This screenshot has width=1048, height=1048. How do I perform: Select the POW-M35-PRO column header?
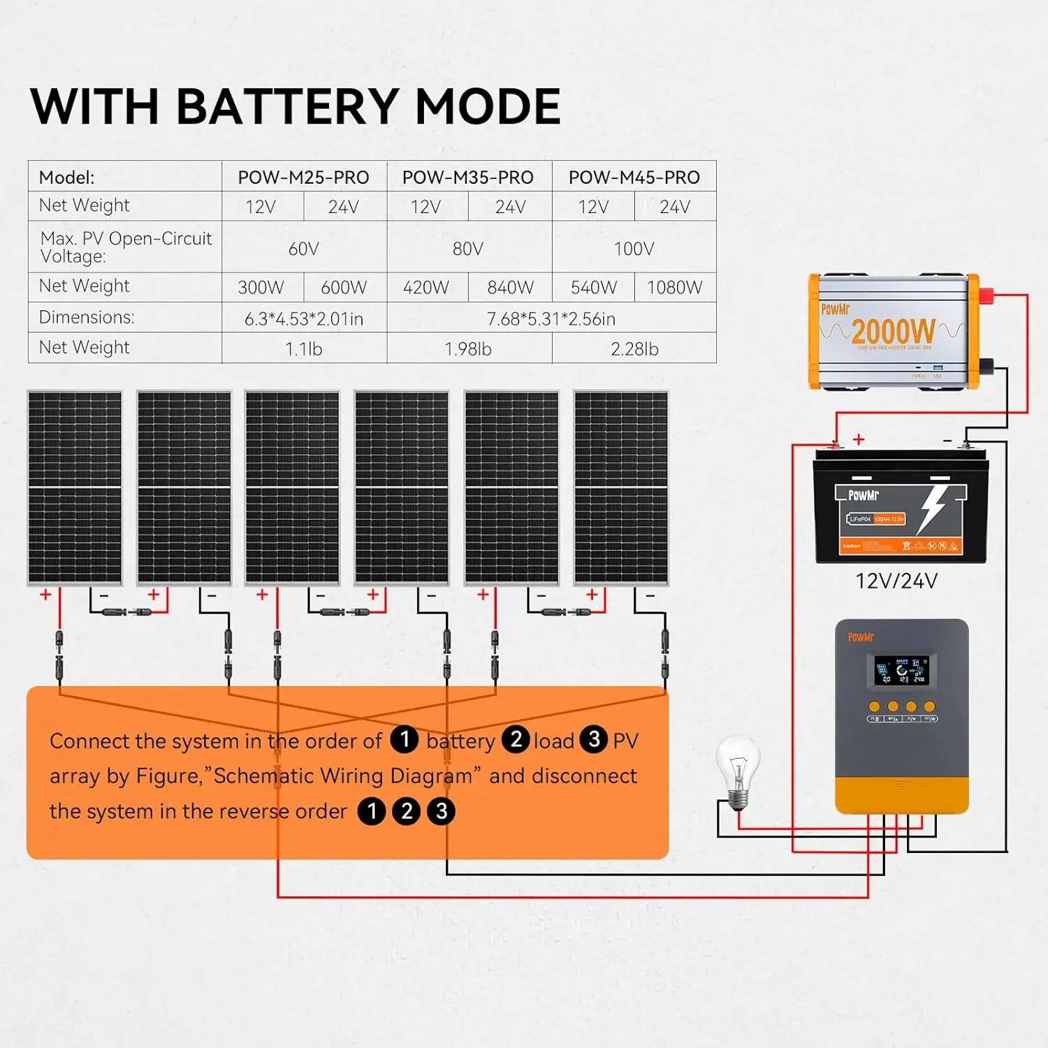click(467, 177)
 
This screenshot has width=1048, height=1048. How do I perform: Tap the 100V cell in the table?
click(634, 249)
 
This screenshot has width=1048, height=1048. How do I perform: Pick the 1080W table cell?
click(674, 287)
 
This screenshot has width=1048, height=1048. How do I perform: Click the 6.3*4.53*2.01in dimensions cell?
click(304, 319)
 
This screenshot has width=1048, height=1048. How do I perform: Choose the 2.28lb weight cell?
click(634, 349)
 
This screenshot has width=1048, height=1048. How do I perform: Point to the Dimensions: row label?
click(87, 317)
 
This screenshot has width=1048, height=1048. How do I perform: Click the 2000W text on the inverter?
click(893, 330)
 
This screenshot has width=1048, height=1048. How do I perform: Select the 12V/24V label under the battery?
click(896, 581)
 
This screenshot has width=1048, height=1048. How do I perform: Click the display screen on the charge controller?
click(901, 671)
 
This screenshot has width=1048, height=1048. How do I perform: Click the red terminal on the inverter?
click(987, 296)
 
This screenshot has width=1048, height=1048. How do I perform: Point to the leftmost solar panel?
click(75, 487)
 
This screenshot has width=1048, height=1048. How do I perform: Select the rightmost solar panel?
click(620, 487)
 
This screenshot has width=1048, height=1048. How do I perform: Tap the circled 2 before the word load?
click(516, 739)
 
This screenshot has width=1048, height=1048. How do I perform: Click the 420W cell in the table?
click(425, 287)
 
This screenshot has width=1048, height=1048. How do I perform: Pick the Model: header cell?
click(67, 177)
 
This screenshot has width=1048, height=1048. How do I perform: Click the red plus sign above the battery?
click(859, 439)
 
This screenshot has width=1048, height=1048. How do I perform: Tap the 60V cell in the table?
click(304, 249)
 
